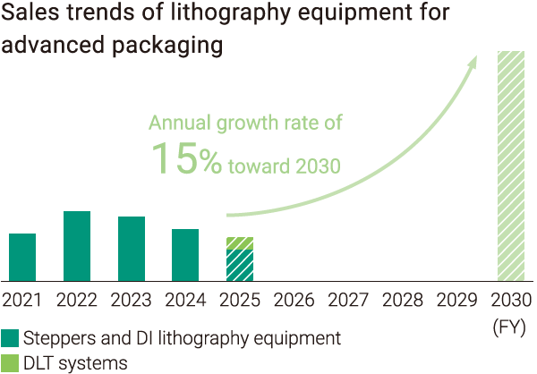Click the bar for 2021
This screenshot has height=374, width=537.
pos(22,257)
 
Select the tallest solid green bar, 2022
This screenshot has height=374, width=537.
pos(77,246)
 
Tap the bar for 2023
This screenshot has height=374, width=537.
pos(132,249)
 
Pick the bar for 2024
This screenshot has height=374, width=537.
pos(185,255)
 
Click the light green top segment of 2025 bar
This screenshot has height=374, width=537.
pos(240,243)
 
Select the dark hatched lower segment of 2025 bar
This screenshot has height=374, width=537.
pos(240,265)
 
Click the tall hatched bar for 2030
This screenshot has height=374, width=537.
pos(510,166)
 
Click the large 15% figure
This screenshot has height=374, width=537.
pos(185,158)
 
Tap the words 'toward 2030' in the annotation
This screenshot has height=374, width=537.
pos(284,165)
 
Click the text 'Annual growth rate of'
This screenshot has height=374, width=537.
pos(245,123)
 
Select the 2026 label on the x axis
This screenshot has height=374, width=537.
pos(294,300)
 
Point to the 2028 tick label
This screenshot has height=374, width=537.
pos(402,300)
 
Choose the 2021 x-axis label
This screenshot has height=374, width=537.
pos(22,300)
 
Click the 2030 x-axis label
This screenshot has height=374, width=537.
pos(511,300)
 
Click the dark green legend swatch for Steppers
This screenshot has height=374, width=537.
pos(11,338)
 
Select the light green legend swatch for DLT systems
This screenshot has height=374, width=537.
pos(11,362)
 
